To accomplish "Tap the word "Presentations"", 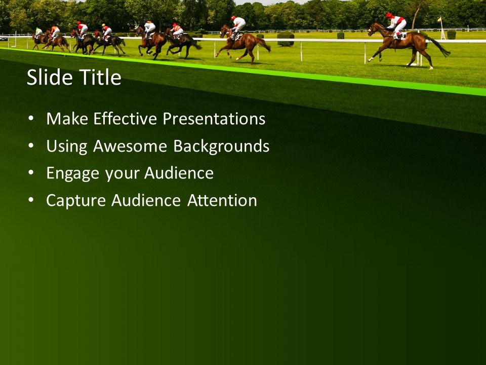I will click(214, 119).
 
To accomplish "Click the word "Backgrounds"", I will click(221, 147).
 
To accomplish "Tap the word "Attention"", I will click(222, 201).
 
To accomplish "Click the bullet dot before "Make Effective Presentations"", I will click(32, 119).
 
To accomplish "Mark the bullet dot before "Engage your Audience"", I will click(32, 173).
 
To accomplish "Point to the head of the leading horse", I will click(374, 29).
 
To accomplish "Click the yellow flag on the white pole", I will click(439, 20).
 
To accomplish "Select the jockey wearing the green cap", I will click(38, 31).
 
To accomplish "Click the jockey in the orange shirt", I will click(55, 31).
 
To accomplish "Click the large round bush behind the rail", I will click(286, 39).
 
